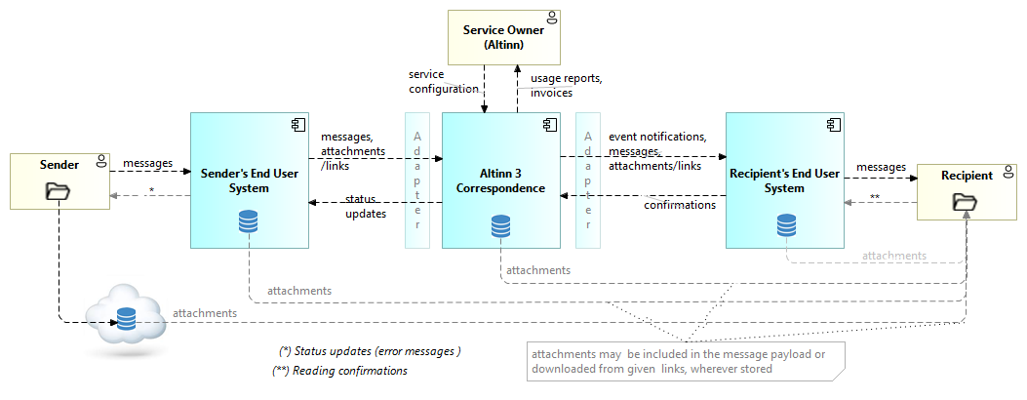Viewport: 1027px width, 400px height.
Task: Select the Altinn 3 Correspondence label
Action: pyautogui.click(x=500, y=180)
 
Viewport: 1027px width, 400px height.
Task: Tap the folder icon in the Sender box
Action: pyautogui.click(x=58, y=191)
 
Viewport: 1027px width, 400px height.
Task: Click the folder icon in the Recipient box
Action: pyautogui.click(x=965, y=202)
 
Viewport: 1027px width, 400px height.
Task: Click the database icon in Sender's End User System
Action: pyautogui.click(x=249, y=224)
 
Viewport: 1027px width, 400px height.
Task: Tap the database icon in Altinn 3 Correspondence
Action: pyautogui.click(x=500, y=228)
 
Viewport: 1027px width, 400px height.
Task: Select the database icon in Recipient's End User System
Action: pyautogui.click(x=786, y=225)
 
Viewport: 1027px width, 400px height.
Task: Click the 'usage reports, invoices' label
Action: pyautogui.click(x=566, y=85)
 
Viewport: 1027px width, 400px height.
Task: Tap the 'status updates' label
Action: pyautogui.click(x=366, y=206)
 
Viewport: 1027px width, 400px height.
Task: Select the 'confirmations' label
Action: pyautogui.click(x=681, y=205)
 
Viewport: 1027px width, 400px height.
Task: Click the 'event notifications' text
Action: pyautogui.click(x=657, y=137)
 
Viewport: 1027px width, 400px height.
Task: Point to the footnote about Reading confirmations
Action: pyautogui.click(x=339, y=371)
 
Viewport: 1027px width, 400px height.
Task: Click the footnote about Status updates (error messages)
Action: pyautogui.click(x=370, y=350)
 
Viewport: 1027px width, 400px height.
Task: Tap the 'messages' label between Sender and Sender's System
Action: pyautogui.click(x=148, y=163)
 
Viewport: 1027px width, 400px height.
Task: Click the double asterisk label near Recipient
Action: pyautogui.click(x=875, y=197)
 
